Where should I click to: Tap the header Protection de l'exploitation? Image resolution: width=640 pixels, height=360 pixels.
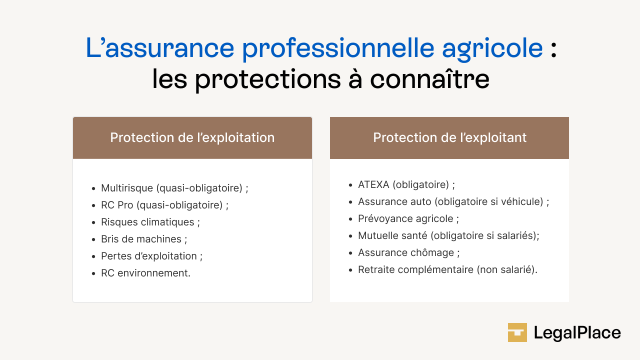(192, 137)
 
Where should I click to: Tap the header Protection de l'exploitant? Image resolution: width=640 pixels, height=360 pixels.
(449, 137)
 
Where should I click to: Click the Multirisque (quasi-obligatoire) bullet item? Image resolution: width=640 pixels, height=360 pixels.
(174, 188)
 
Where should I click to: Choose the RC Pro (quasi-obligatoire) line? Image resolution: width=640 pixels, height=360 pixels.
(164, 205)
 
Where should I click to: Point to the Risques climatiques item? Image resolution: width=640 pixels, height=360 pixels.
(150, 222)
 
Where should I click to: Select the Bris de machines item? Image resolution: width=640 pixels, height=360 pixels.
(144, 239)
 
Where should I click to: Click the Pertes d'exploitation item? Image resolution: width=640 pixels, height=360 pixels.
(151, 256)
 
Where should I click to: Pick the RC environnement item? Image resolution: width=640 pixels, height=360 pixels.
(145, 273)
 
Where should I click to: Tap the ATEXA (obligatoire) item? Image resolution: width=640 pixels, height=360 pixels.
(406, 184)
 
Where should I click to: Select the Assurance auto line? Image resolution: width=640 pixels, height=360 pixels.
(453, 201)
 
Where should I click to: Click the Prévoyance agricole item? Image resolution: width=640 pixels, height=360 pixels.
(408, 218)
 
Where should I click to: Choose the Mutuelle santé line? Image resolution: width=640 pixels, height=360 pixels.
(448, 235)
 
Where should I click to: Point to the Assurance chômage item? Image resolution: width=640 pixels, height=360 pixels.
(408, 252)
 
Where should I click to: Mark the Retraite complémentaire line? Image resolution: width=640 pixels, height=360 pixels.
(447, 269)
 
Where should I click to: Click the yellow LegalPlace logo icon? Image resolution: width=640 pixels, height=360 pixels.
(517, 332)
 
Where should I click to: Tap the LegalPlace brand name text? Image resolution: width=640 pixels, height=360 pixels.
(577, 333)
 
